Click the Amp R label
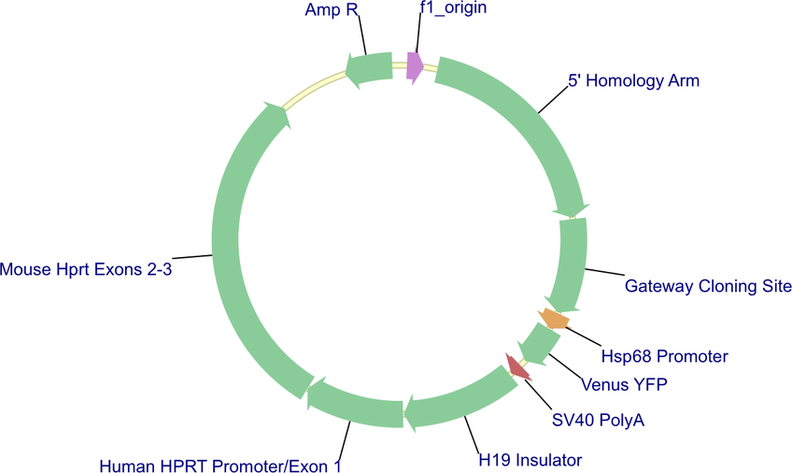click(x=332, y=9)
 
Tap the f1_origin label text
click(x=453, y=8)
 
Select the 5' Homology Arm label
click(x=634, y=80)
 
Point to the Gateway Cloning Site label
click(x=708, y=286)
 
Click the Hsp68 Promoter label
click(x=664, y=356)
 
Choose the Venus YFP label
click(x=624, y=384)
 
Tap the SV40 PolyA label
click(x=598, y=420)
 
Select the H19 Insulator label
click(x=530, y=460)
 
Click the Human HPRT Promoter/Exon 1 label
click(x=220, y=466)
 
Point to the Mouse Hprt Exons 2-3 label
click(x=86, y=269)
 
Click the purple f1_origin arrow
click(x=415, y=66)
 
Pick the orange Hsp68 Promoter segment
click(x=554, y=319)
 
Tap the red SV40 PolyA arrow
click(x=517, y=366)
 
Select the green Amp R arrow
click(x=369, y=69)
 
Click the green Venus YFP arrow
click(x=539, y=344)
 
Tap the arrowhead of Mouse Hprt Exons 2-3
click(x=277, y=114)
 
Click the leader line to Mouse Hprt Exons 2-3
click(x=192, y=257)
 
